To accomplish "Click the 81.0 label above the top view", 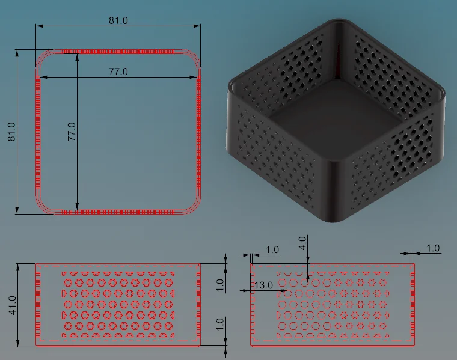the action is pos(118,20).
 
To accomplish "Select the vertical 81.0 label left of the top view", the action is pos(11,132).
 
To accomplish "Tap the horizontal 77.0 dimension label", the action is pos(118,72).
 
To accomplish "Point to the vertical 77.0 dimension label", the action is pos(72,132).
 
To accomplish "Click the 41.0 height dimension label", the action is pos(13,305).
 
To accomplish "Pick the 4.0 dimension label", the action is pos(303,243).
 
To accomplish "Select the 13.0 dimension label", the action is pos(263,285).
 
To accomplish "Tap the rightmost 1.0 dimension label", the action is pos(433,248).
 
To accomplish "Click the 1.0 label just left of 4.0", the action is pos(272,249).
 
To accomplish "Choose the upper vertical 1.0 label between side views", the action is pos(220,285).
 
